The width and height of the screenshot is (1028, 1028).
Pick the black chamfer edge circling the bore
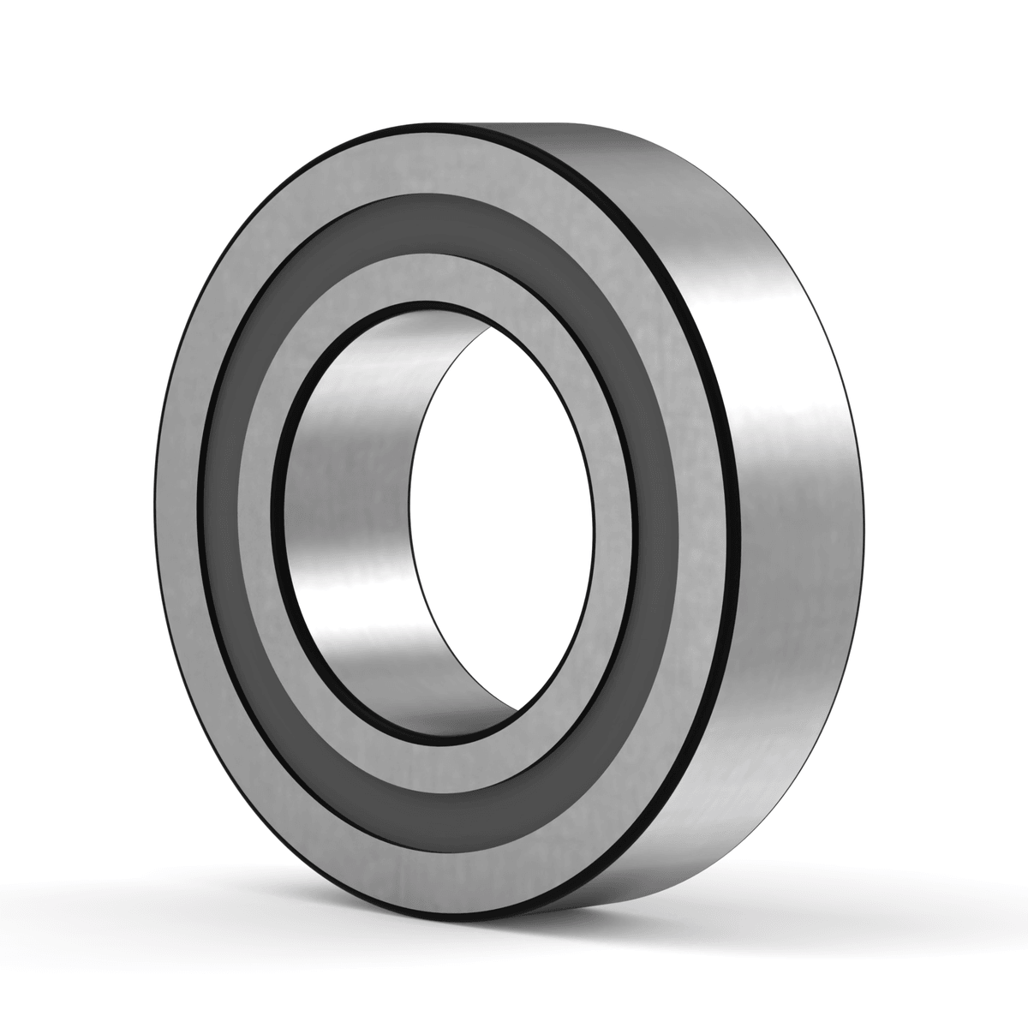point(278,514)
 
